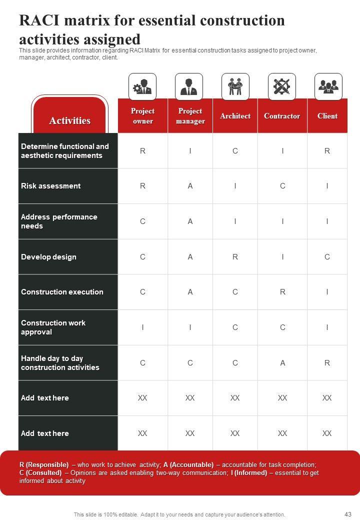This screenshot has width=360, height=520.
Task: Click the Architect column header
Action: (235, 116)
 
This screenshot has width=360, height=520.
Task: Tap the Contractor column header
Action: (282, 116)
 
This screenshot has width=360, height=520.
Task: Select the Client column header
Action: (327, 116)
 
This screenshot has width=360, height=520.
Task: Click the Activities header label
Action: (69, 120)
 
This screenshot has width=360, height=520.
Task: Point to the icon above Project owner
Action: (142, 87)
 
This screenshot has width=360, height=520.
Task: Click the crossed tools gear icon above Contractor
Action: (282, 87)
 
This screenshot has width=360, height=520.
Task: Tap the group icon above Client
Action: (328, 87)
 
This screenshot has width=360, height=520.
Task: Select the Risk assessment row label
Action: (50, 186)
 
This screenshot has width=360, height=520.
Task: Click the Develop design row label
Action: (48, 257)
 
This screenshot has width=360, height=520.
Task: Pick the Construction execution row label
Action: (62, 292)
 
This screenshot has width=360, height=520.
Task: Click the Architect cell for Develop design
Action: (235, 257)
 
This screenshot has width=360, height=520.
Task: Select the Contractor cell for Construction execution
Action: (282, 292)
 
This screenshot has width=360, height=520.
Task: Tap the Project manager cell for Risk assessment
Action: (190, 186)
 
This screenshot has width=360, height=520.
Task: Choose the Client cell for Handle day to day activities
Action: (327, 363)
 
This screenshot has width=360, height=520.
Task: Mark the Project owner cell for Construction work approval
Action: (142, 327)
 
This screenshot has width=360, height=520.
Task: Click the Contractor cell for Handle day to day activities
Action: (282, 363)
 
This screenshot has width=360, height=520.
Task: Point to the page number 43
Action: (348, 514)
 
